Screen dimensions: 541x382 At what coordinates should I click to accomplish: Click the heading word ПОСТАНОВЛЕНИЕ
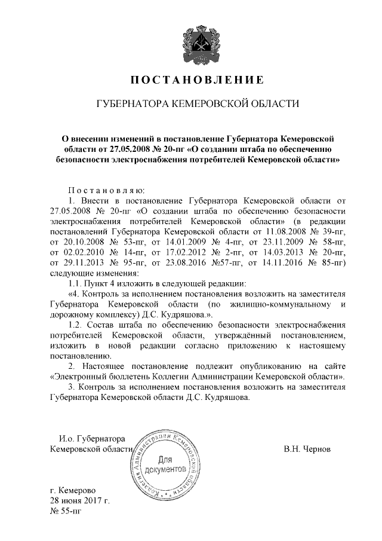[x=197, y=80]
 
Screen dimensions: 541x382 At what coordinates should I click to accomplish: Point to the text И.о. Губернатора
[x=91, y=438]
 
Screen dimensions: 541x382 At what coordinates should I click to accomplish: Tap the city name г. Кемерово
[x=76, y=490]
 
